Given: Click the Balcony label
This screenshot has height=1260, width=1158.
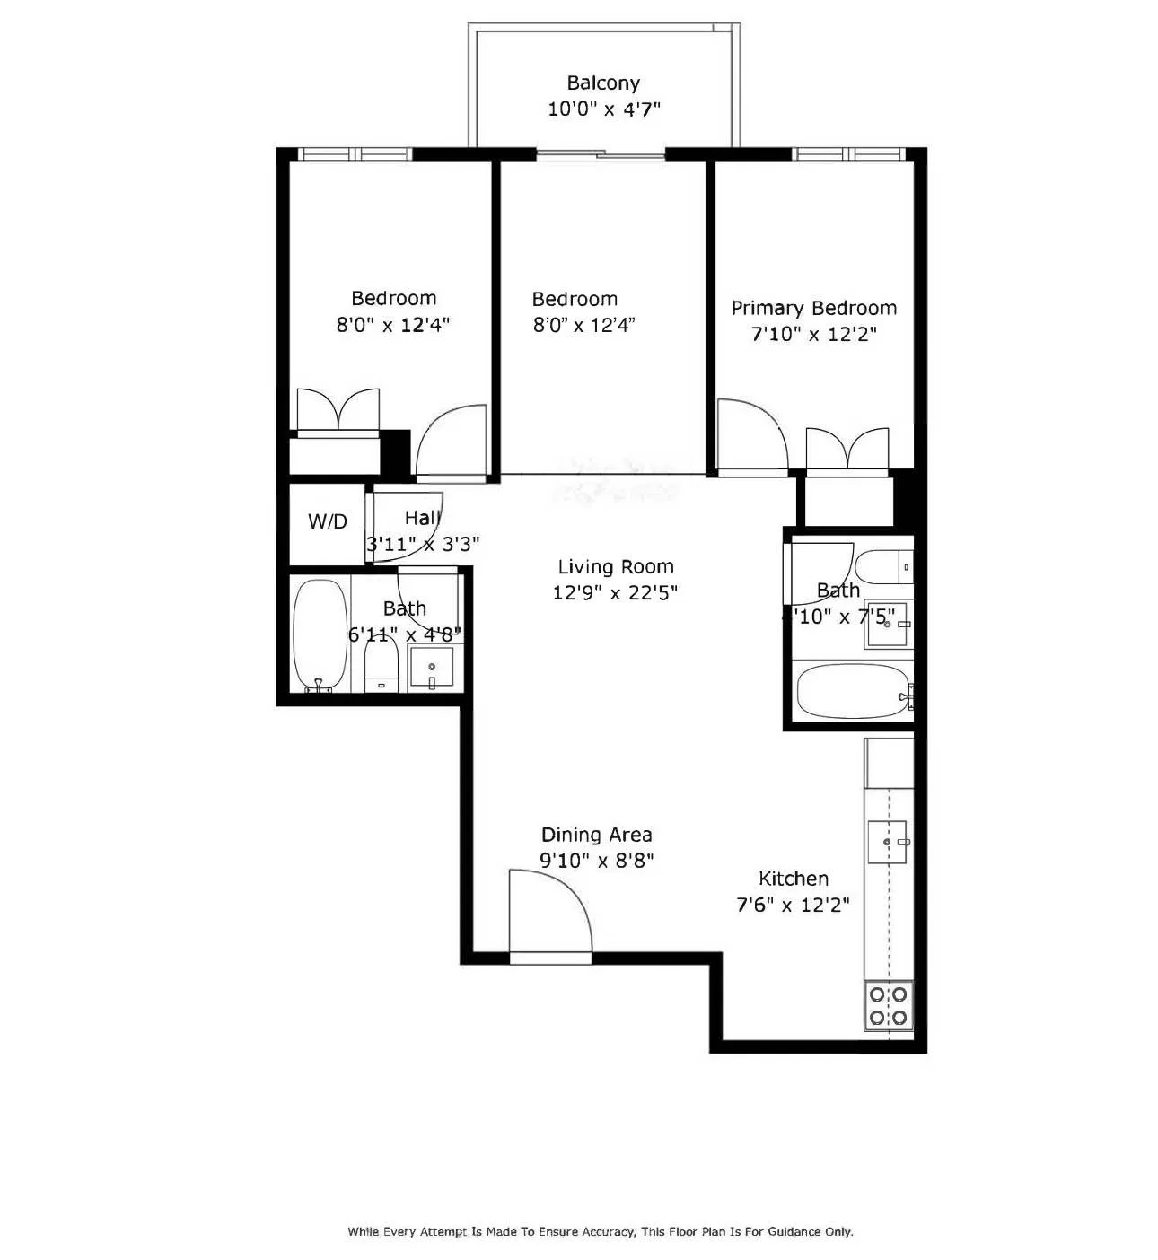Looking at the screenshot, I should point(603,83).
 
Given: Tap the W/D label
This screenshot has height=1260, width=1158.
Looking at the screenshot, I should point(327,521).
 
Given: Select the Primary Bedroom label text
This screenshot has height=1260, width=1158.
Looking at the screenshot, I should point(813,309).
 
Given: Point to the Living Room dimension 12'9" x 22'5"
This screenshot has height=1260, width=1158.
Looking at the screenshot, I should point(615,592).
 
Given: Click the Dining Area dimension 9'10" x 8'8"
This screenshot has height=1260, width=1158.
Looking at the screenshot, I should point(596,860).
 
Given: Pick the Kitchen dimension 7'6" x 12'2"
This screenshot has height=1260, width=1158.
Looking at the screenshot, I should point(793,905).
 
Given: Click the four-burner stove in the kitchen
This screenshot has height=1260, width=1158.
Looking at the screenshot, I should point(888,1006).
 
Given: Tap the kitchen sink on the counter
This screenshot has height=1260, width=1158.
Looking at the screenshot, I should point(887,842).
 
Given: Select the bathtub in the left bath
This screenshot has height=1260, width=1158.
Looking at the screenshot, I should point(320,636).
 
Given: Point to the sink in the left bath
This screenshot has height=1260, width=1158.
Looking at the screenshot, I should point(432,668).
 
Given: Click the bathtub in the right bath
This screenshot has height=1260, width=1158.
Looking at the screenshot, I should point(853,691).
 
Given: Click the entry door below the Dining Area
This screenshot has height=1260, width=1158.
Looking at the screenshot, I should point(549,915).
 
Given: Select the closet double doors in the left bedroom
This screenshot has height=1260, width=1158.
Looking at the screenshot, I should point(338,412).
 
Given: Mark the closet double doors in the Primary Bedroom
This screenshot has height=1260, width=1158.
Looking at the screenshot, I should point(847,450).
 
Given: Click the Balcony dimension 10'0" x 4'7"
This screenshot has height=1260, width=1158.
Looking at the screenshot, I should point(603,109).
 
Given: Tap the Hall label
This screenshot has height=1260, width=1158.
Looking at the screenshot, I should point(422,518).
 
